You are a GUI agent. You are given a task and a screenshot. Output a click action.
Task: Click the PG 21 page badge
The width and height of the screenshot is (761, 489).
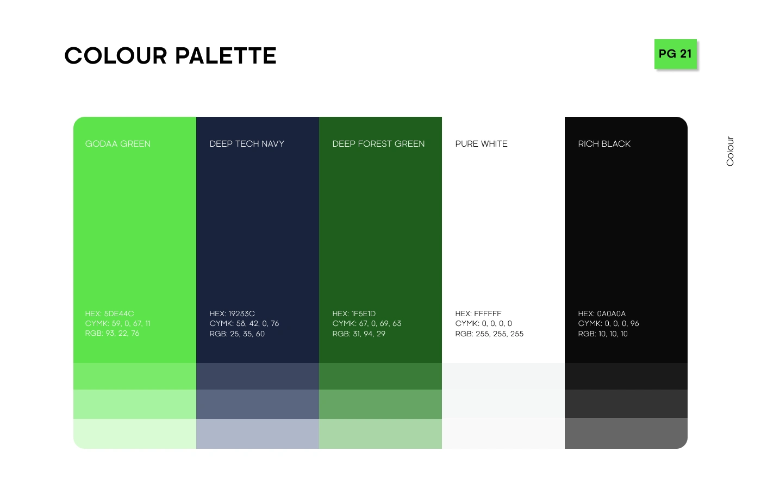(x=675, y=54)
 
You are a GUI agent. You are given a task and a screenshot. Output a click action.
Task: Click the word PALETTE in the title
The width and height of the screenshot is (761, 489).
(x=226, y=55)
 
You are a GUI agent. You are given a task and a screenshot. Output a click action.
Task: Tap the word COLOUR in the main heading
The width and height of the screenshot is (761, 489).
(x=116, y=55)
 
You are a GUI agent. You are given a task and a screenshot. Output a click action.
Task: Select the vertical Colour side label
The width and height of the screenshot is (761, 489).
(x=729, y=151)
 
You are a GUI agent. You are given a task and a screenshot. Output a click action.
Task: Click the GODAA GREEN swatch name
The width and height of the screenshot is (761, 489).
(x=117, y=143)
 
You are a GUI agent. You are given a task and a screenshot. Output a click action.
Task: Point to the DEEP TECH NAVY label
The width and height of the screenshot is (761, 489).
(x=247, y=143)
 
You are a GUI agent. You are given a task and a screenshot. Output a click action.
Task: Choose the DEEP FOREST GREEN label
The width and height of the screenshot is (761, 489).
(x=378, y=143)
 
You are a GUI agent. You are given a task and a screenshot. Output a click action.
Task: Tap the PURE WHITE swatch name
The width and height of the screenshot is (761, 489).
(x=482, y=143)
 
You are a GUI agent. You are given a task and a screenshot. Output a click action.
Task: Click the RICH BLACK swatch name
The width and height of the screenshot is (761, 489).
(x=604, y=143)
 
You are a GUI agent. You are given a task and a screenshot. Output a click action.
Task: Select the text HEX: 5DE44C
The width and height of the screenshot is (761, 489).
(x=109, y=314)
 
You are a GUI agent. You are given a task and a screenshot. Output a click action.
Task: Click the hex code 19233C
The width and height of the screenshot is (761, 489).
(x=241, y=314)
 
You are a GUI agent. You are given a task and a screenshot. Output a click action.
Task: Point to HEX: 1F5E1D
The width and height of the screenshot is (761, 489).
(x=354, y=314)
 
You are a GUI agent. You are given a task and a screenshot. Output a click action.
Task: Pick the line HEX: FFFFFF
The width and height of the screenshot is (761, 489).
(x=478, y=314)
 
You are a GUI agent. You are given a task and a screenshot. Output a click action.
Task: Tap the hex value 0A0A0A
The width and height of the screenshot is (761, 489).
(x=611, y=314)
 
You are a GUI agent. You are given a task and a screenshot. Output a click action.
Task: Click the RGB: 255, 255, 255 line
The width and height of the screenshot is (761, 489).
(x=489, y=334)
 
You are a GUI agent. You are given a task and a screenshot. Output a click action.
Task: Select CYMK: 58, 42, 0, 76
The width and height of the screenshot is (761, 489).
(x=244, y=324)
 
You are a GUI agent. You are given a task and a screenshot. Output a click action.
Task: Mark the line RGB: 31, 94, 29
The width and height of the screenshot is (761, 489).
(x=359, y=334)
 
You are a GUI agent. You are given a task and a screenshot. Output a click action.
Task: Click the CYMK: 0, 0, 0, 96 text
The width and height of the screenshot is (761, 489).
(x=608, y=324)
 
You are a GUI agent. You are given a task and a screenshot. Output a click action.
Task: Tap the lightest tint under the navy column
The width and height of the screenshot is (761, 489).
(x=258, y=434)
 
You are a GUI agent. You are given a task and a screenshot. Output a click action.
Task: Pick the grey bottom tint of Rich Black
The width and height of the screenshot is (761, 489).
(x=626, y=434)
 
